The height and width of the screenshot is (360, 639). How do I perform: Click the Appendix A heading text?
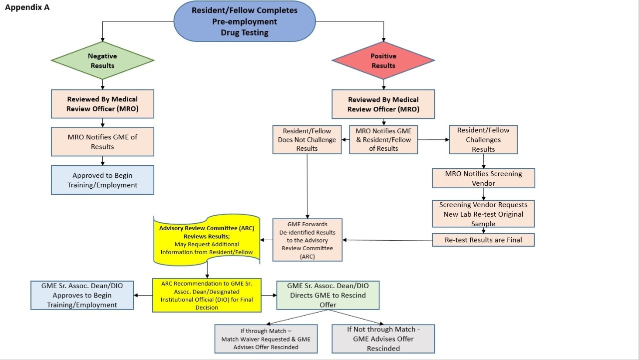pos(27,7)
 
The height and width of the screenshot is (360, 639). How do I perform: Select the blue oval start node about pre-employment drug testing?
pos(244,21)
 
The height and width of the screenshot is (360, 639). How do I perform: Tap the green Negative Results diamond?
pos(102,61)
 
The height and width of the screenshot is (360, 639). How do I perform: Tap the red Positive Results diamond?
pos(383,61)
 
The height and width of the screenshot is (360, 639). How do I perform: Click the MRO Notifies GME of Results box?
pos(102,142)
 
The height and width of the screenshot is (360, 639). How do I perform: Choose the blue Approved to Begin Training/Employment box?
pos(102,180)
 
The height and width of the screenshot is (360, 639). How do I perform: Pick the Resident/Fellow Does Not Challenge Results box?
pos(307,140)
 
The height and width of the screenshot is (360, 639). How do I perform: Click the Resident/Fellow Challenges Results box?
pos(483,139)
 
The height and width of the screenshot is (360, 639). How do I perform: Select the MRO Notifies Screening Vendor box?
pos(483,178)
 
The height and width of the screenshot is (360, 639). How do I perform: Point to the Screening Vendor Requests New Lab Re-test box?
pos(483,214)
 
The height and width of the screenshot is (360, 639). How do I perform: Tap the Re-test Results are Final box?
pos(483,240)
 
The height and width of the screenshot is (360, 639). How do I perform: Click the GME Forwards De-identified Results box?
pos(308,240)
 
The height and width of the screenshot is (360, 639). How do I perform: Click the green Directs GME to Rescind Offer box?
pos(327,295)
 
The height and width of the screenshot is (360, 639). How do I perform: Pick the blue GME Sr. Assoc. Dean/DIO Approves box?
pos(82,295)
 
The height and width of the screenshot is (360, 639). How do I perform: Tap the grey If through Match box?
pos(266,339)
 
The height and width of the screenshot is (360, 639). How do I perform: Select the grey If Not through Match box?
pos(383,339)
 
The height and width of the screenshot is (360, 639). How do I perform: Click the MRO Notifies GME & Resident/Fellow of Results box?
pos(383,139)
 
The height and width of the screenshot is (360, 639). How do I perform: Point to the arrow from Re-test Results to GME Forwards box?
pos(387,240)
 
